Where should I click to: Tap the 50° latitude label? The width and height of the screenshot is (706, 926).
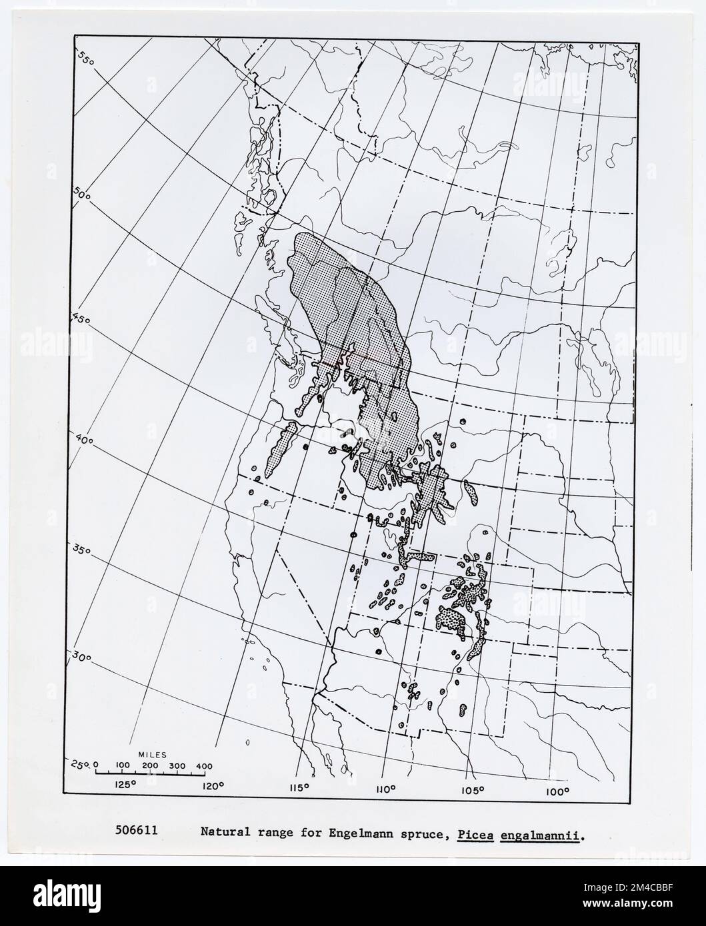[82, 195]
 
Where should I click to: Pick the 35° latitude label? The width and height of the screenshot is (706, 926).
[81, 551]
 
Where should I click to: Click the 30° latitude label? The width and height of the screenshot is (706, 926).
[82, 658]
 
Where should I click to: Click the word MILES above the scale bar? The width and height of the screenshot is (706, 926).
[151, 753]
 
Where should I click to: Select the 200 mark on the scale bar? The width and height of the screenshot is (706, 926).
[151, 765]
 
